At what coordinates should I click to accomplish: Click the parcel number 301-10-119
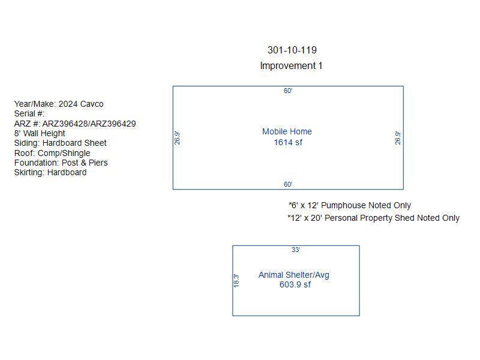click(292, 50)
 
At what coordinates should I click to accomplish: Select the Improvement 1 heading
click(291, 66)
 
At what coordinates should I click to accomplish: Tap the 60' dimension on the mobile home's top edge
click(288, 91)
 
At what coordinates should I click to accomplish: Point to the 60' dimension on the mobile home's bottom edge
click(288, 184)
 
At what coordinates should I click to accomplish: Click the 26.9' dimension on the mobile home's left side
click(177, 138)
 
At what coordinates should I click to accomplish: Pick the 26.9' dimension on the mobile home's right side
click(397, 138)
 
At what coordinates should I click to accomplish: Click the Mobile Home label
click(287, 131)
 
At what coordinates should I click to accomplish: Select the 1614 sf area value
click(288, 143)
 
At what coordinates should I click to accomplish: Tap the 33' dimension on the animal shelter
click(296, 250)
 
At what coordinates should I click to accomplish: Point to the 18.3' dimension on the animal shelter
click(236, 281)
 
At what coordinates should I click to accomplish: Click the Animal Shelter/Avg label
click(294, 275)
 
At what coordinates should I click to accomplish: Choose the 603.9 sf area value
click(295, 284)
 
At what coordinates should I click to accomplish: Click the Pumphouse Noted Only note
click(350, 205)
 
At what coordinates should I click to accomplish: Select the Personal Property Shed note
click(373, 218)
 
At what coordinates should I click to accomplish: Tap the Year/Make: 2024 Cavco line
click(59, 104)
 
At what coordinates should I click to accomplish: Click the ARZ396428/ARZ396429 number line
click(75, 124)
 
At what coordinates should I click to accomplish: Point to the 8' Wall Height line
click(40, 133)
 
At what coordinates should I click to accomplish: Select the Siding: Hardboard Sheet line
click(61, 143)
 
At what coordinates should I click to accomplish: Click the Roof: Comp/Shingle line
click(52, 153)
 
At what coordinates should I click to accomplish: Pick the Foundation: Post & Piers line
click(61, 163)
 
